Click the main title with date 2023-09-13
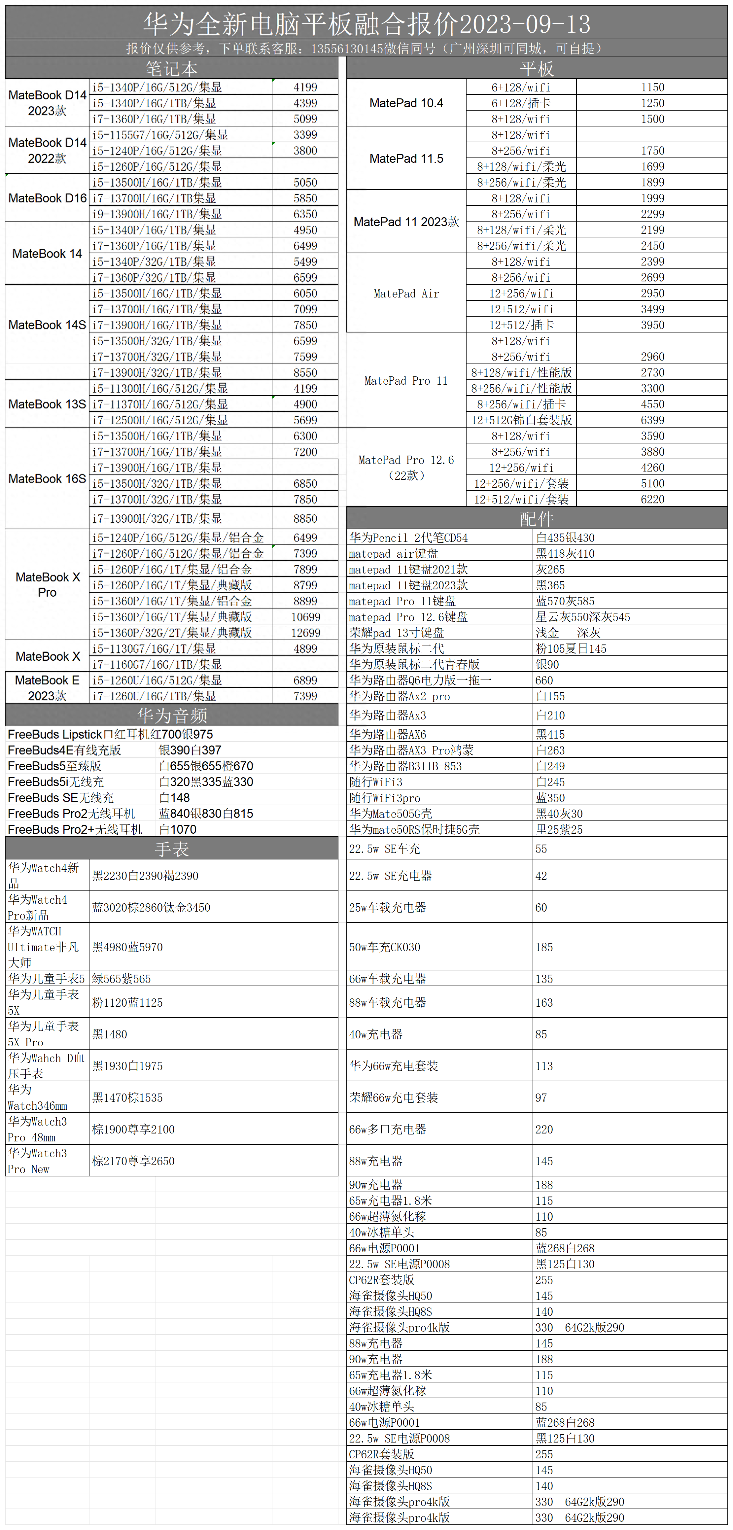(x=366, y=24)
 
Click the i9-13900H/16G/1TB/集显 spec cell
(x=157, y=214)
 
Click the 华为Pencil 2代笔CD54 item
(x=409, y=538)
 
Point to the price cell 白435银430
(x=565, y=538)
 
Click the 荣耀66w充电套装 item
(x=393, y=1097)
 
